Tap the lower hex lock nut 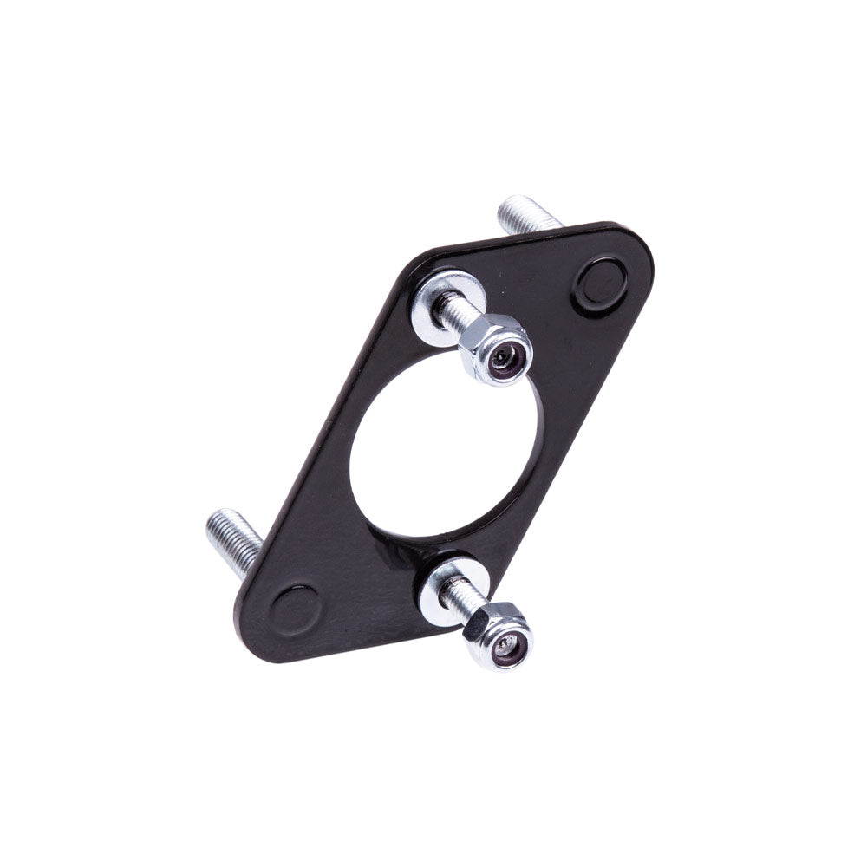click(498, 636)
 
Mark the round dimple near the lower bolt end click(294, 610)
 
